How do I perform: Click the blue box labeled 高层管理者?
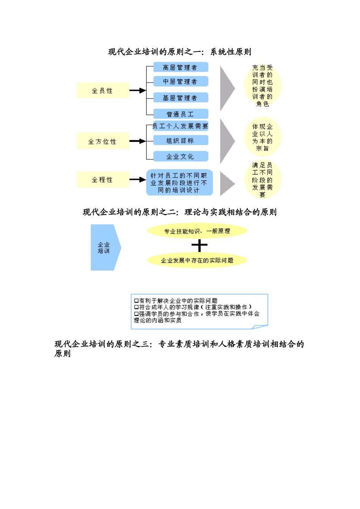tap(181, 67)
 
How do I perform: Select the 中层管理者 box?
tap(181, 81)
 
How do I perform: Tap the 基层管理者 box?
tap(181, 98)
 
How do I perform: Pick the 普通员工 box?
tap(181, 114)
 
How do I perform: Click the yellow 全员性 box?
tap(103, 91)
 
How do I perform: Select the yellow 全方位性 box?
tap(103, 141)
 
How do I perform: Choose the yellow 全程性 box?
tap(103, 180)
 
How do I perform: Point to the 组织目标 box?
tap(181, 141)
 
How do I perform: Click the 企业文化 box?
tap(181, 156)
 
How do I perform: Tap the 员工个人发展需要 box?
tap(181, 126)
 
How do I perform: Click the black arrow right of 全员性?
tap(137, 91)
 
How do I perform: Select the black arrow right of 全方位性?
tap(137, 141)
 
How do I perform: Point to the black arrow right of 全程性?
tap(137, 180)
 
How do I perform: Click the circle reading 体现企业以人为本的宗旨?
tap(263, 137)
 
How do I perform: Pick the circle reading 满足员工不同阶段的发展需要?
tap(263, 180)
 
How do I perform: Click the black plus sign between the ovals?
tap(199, 246)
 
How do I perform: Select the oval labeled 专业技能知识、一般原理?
tap(197, 231)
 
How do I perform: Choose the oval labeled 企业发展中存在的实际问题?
tap(197, 260)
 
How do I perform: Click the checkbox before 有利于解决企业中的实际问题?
tap(136, 301)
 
